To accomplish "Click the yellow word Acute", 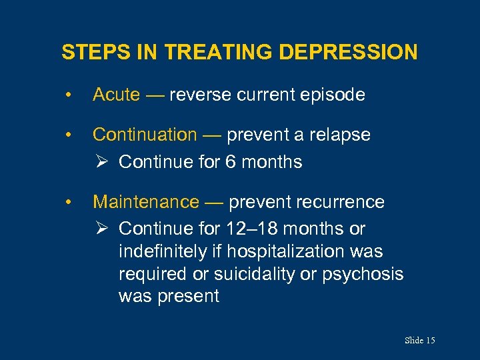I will tap(116, 95).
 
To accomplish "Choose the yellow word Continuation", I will tap(145, 135).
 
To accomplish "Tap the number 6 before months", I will tap(231, 162).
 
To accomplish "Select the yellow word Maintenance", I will tap(145, 202).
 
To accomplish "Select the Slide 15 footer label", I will tap(419, 341).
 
